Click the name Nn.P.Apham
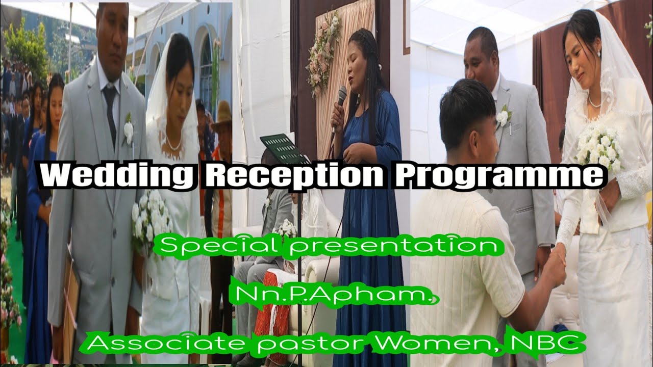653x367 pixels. click(x=334, y=295)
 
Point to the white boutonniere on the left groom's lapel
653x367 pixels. click(x=128, y=130)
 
